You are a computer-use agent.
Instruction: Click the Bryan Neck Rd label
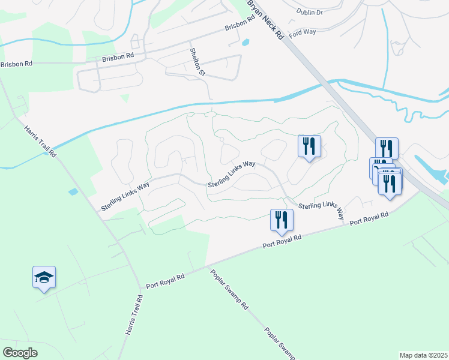(x=265, y=21)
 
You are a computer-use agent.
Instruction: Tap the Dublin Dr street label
(x=310, y=11)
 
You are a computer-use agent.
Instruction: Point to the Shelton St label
(x=197, y=62)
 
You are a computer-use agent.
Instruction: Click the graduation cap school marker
(x=44, y=278)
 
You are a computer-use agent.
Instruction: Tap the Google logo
(x=20, y=353)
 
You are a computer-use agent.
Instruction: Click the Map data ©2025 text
(x=423, y=355)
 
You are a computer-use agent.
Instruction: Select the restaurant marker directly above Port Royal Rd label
(x=282, y=221)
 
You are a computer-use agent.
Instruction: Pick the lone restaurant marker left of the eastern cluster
(x=309, y=147)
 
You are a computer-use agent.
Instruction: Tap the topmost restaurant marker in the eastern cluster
(x=387, y=149)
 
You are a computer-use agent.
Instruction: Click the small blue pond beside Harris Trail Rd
(x=73, y=192)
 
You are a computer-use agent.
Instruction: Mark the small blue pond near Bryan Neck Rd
(x=244, y=43)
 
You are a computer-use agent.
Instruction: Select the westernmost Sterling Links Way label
(x=125, y=197)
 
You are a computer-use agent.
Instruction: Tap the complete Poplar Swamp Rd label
(x=229, y=289)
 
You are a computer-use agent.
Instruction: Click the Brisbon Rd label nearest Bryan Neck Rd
(x=240, y=26)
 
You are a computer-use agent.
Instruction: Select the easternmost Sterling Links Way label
(x=321, y=209)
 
